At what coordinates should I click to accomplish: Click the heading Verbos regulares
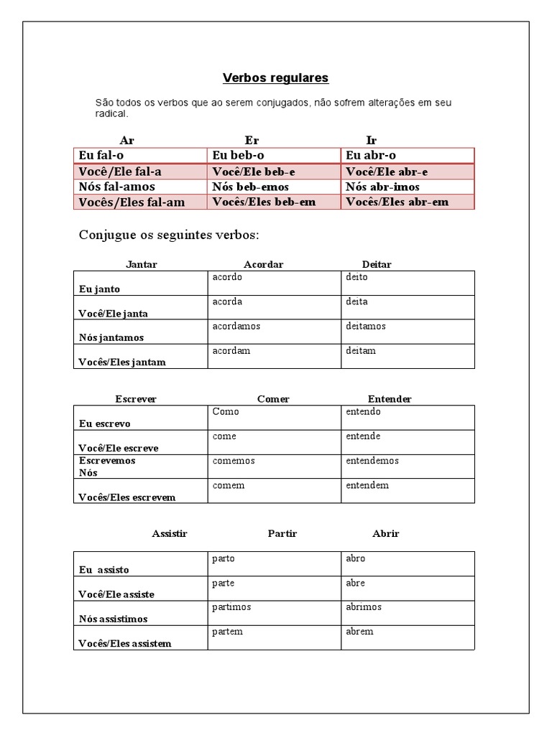pyautogui.click(x=275, y=78)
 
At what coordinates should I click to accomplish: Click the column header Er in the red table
pyautogui.click(x=252, y=140)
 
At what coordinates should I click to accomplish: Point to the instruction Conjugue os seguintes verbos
pyautogui.click(x=169, y=235)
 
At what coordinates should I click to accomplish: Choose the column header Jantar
pyautogui.click(x=141, y=264)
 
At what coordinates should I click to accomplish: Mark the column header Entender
pyautogui.click(x=390, y=399)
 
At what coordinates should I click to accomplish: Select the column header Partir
pyautogui.click(x=282, y=533)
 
